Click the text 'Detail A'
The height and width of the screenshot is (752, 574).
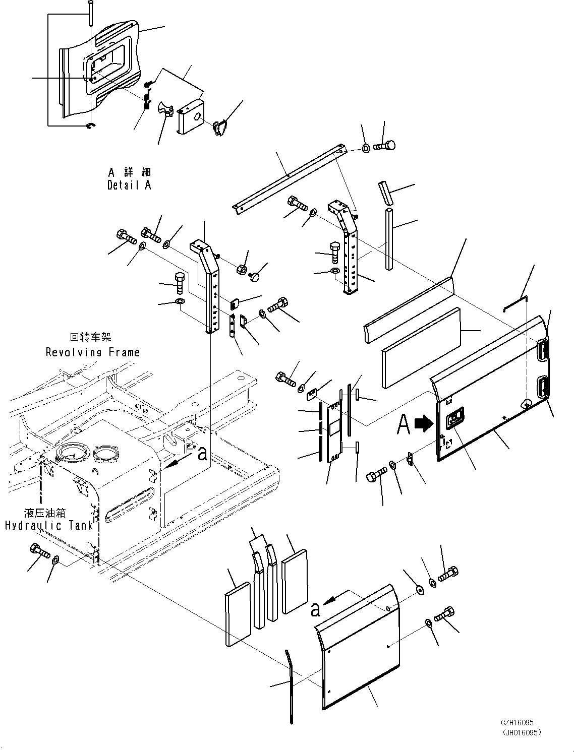pyautogui.click(x=129, y=185)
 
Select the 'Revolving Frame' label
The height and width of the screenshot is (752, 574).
pyautogui.click(x=93, y=352)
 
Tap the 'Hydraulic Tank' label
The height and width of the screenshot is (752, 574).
pyautogui.click(x=49, y=525)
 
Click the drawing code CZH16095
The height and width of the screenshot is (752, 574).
pyautogui.click(x=518, y=722)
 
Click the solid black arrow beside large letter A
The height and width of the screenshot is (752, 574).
pyautogui.click(x=422, y=424)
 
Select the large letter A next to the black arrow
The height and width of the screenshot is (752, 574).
pyautogui.click(x=404, y=425)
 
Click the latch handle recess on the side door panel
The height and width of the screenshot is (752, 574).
pyautogui.click(x=455, y=419)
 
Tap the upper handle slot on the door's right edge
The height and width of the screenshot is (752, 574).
pyautogui.click(x=543, y=349)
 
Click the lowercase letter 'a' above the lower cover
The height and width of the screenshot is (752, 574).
pyautogui.click(x=315, y=610)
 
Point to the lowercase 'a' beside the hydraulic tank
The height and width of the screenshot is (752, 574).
pyautogui.click(x=202, y=454)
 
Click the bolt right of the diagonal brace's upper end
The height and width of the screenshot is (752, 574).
pyautogui.click(x=386, y=146)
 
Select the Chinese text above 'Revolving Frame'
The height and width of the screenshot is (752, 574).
pyautogui.click(x=90, y=337)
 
